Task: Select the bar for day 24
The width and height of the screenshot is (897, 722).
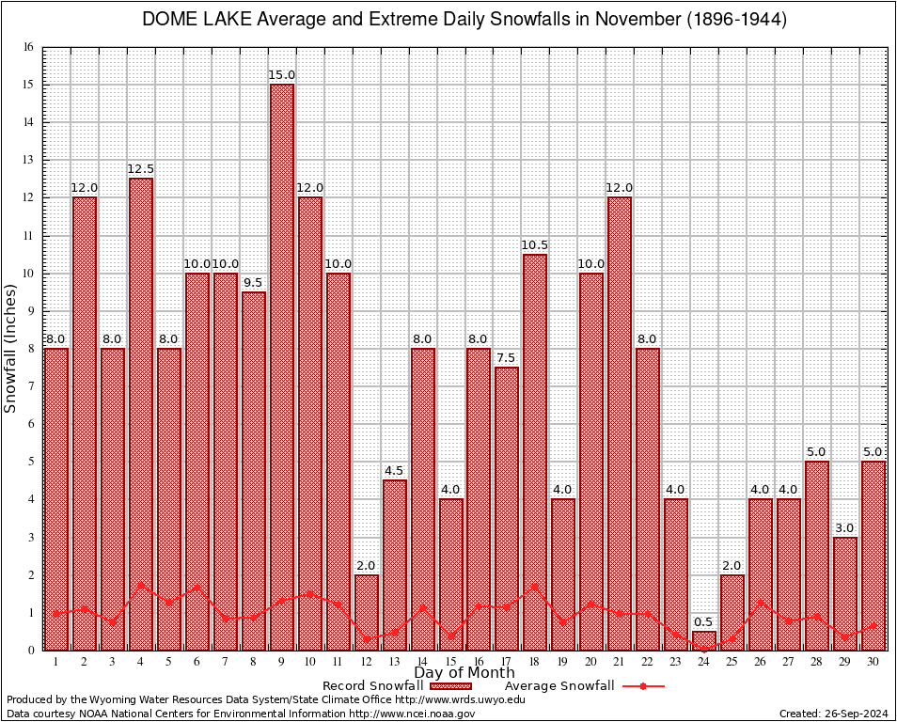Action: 704,640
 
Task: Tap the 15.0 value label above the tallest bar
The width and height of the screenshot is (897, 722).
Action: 282,75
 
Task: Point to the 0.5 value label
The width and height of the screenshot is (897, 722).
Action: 704,621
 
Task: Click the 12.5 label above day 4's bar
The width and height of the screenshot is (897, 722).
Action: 141,169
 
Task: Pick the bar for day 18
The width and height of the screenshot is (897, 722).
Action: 535,451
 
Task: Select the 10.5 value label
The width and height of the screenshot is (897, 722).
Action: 535,245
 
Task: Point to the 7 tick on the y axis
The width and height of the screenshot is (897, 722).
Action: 30,386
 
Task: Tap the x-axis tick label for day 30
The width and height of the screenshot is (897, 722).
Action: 873,662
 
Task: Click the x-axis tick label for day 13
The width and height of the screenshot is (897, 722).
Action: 395,662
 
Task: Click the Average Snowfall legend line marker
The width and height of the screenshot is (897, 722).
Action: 642,686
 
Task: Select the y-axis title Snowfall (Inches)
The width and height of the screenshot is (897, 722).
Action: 10,348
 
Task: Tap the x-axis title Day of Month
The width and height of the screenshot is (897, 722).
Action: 464,672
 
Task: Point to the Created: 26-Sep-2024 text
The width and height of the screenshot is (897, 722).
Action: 834,714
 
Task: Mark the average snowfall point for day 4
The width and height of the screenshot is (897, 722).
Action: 141,585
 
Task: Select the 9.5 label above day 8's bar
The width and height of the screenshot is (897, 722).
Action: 254,283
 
